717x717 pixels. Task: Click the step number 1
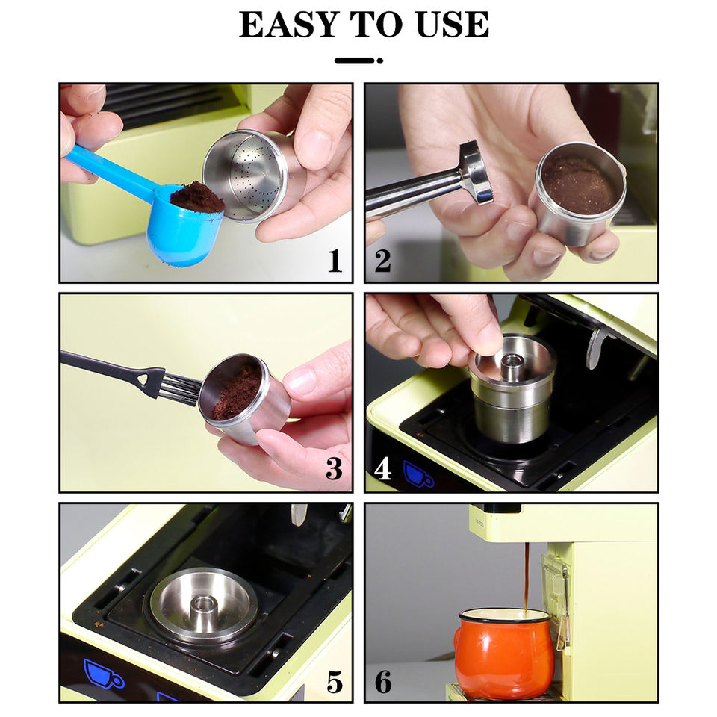335,261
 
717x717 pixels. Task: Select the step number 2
382,261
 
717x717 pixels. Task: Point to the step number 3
335,469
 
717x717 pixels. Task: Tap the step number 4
382,469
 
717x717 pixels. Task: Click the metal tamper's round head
477,173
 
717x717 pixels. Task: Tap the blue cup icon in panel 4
418,474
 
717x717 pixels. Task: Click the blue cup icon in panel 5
103,673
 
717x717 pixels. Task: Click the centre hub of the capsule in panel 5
202,606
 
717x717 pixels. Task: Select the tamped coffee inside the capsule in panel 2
577,184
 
